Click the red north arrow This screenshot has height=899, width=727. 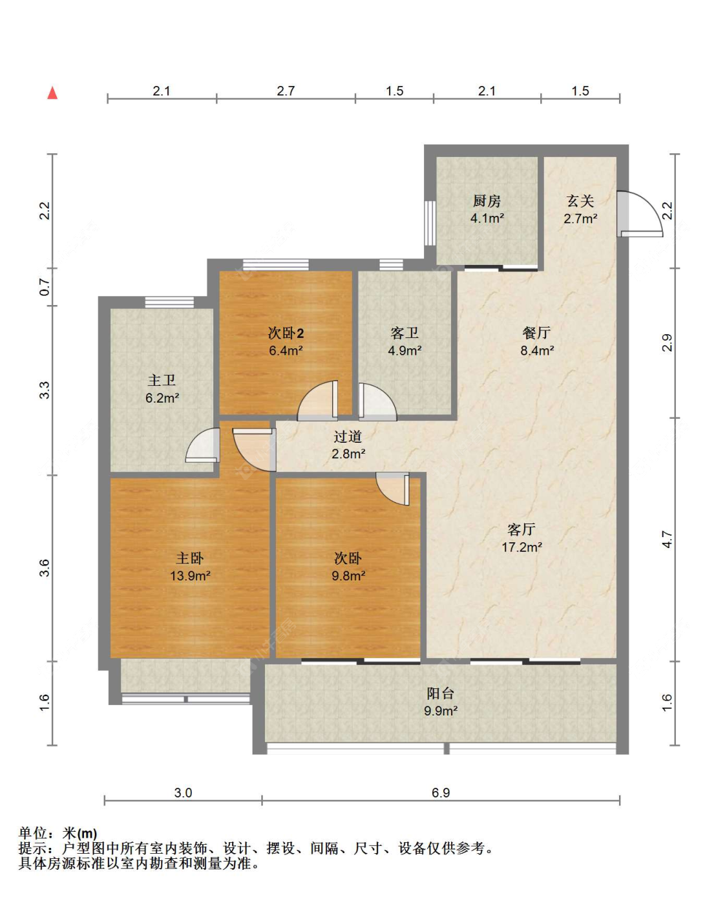[52, 92]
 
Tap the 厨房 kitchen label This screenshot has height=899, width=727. [487, 201]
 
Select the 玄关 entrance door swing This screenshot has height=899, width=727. [640, 214]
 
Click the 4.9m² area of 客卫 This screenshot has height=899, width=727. [405, 350]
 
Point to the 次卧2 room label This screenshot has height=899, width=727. [286, 333]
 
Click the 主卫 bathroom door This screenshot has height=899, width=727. [203, 445]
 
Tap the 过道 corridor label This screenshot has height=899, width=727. [348, 436]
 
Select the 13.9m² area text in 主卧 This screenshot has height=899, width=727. [190, 576]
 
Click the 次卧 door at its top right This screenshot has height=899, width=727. [393, 489]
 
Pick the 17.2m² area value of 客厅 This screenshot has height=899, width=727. [522, 547]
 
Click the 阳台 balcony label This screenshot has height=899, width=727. [440, 693]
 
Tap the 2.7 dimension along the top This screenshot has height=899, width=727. [286, 90]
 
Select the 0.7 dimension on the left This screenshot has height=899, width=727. [45, 287]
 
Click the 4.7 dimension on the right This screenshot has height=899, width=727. [667, 540]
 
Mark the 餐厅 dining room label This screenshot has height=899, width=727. [536, 333]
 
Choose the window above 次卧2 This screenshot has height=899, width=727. [276, 264]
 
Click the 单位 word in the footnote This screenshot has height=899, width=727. [33, 833]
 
